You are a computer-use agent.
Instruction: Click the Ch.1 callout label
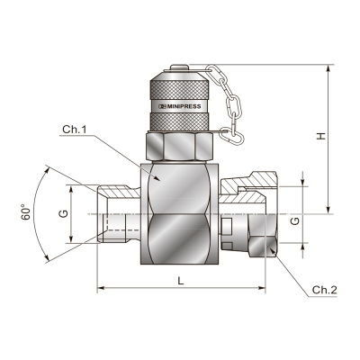coord(75,130)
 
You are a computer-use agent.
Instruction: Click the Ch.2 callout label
coord(325,290)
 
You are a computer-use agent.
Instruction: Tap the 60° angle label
coord(26,212)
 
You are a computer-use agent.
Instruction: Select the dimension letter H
coord(321,136)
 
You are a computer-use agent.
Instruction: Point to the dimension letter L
coord(180,281)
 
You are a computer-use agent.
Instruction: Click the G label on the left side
coord(64,213)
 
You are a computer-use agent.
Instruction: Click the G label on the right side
coord(295,221)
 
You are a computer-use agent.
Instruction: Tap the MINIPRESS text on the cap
coord(184,106)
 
